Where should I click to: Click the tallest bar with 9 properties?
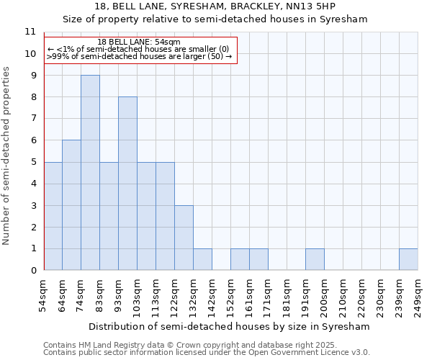point(90,173)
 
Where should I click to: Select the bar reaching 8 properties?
point(127,184)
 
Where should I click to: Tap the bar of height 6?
point(71,205)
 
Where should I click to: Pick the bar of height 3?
point(184,238)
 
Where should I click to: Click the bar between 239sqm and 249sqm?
point(408,259)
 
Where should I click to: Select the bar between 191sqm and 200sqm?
point(315,259)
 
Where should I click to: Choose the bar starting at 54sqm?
point(53,216)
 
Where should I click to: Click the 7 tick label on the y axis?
point(32,119)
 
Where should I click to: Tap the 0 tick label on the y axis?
point(32,271)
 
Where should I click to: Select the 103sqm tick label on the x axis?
point(138,294)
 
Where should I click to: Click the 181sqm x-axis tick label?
point(287,294)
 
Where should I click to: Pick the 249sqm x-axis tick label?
point(418,294)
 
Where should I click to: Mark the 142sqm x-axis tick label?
point(212,294)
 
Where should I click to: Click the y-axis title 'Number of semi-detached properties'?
point(7,156)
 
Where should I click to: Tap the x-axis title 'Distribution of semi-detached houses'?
point(230,326)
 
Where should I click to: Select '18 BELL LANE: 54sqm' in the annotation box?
point(139,42)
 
